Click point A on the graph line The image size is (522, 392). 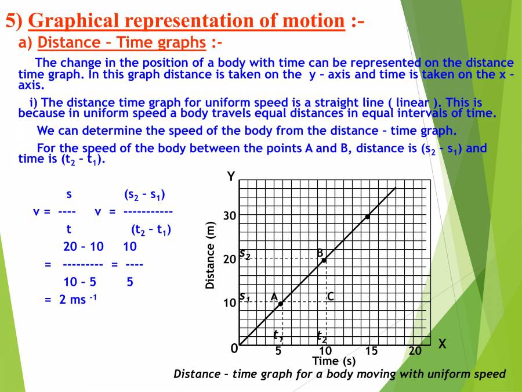tap(281, 304)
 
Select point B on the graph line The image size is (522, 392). tap(324, 260)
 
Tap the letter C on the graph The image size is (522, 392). tap(331, 297)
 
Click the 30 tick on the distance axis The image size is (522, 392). tap(230, 216)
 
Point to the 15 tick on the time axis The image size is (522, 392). tap(371, 351)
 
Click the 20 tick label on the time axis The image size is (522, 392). tap(415, 351)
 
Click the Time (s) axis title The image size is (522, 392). tap(333, 361)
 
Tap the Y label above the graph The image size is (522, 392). tap(231, 177)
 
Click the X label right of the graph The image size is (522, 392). tap(443, 344)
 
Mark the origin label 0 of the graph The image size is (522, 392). tap(234, 349)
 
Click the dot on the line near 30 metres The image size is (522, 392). tap(367, 217)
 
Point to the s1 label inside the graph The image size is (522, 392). tap(244, 297)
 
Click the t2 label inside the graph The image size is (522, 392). tap(322, 335)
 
